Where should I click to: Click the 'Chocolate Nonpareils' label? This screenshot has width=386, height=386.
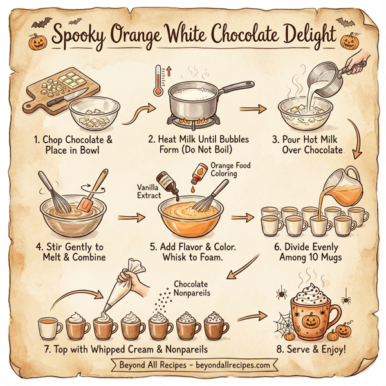pos(196,287)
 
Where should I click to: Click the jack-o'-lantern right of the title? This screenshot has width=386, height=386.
pos(349,42)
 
